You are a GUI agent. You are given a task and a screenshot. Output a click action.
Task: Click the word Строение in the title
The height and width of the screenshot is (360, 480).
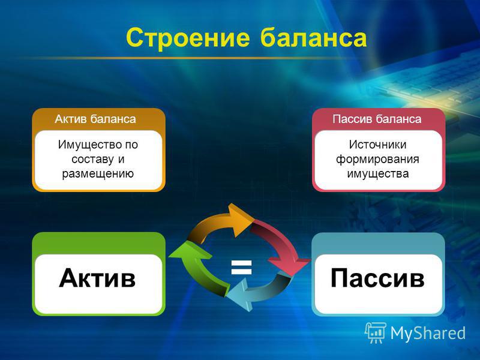tap(188, 38)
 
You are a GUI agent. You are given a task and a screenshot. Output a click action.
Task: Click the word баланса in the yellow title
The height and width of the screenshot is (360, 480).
tap(313, 37)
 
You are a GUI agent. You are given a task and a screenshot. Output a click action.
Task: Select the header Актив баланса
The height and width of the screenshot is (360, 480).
tap(95, 119)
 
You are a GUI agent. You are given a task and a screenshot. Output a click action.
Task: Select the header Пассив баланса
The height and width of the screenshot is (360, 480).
tap(377, 119)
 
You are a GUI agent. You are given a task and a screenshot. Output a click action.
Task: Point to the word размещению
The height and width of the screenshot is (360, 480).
tap(98, 174)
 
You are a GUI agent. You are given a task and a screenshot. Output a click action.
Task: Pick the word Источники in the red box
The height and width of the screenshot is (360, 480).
tap(378, 145)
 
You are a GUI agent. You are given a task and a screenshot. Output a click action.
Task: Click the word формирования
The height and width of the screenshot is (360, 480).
tap(377, 160)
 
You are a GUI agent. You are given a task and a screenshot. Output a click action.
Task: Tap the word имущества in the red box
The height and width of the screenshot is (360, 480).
tap(378, 174)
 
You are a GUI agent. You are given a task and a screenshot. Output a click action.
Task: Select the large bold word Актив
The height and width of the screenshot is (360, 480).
tap(97, 278)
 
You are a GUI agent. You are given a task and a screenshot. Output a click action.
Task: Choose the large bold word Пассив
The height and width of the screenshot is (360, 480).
tap(377, 278)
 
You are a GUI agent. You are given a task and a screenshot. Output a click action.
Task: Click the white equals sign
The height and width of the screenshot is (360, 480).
tap(242, 266)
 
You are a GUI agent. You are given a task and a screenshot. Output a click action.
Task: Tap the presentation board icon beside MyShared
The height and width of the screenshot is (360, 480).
tap(376, 333)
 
